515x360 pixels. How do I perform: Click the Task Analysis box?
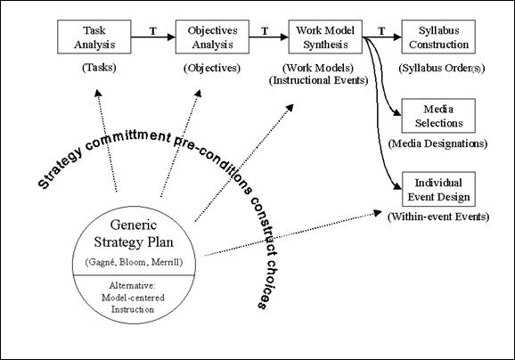94,37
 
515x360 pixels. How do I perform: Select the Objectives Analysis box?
212,37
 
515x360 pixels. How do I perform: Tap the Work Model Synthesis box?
325,37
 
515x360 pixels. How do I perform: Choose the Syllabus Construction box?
438,37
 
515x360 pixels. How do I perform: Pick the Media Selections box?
438,116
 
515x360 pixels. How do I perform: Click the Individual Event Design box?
438,189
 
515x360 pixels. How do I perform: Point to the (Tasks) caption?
99,68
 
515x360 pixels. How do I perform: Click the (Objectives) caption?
212,68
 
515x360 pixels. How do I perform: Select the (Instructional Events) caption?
319,80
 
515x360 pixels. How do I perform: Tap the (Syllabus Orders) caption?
442,68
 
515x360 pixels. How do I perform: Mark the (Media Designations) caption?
437,143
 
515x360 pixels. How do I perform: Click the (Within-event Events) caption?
438,217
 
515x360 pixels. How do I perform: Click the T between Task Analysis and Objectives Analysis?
153,31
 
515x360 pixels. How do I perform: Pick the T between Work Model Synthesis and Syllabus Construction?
381,31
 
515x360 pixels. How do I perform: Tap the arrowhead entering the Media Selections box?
397,112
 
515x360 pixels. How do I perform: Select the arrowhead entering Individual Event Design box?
397,186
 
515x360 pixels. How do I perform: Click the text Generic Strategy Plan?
134,233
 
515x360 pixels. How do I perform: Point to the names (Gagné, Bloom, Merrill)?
134,262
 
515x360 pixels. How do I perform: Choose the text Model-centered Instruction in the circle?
133,304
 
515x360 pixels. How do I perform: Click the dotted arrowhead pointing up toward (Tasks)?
98,93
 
